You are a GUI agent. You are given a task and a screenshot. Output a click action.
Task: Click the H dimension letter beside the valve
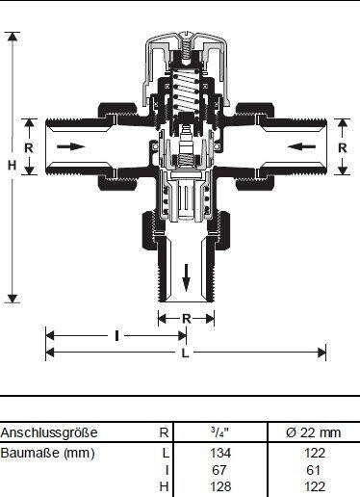[12, 165]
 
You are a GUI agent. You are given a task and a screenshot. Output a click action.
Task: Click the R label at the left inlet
[29, 148]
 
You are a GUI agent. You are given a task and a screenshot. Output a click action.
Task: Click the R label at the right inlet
[343, 148]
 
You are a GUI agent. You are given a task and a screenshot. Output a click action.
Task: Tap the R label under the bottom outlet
[187, 319]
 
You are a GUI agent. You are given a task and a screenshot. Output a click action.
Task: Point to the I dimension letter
[116, 336]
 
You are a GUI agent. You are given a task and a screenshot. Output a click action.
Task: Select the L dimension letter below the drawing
[185, 353]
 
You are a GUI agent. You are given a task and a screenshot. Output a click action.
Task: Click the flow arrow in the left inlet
[70, 147]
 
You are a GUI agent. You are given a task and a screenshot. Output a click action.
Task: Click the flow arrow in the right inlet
[301, 147]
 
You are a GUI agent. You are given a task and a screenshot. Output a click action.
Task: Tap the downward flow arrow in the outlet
[186, 277]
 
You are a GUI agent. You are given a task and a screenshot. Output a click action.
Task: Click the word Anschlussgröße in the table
[49, 432]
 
